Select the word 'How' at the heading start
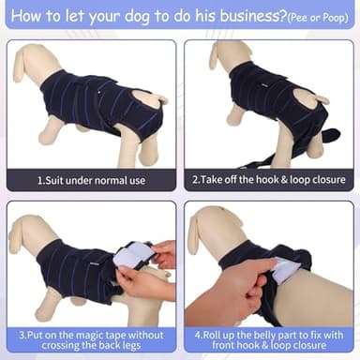[26, 17]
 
